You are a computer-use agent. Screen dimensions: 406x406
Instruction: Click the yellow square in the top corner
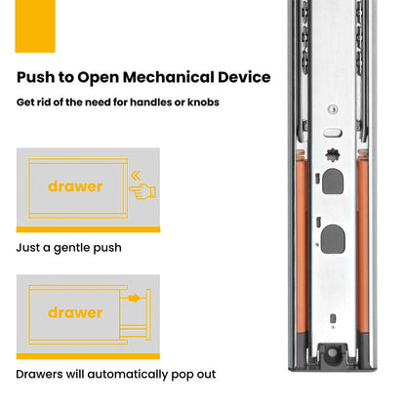tap(35, 26)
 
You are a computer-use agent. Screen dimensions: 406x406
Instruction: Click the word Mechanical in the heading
tap(168, 77)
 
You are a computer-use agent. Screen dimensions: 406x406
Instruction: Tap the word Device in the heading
tap(244, 77)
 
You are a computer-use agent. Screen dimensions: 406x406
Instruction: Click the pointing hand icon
tap(142, 191)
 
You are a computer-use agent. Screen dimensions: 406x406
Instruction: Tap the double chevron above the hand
tap(136, 176)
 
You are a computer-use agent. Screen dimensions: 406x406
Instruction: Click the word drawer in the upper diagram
tap(75, 186)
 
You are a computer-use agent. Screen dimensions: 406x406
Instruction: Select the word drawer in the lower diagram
tap(75, 312)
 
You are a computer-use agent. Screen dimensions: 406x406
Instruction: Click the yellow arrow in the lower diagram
tap(134, 298)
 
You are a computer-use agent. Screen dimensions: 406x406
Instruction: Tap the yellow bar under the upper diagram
tap(88, 229)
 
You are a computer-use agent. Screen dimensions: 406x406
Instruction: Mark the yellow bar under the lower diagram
tap(88, 356)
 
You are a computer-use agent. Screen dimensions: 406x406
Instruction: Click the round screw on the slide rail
tap(332, 109)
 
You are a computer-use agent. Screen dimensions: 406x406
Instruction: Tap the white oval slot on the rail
tap(333, 133)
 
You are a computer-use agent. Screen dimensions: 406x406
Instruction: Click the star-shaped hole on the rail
tap(332, 155)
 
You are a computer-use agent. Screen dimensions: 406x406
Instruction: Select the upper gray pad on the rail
tap(333, 182)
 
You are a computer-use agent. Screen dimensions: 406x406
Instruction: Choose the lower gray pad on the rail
tap(333, 239)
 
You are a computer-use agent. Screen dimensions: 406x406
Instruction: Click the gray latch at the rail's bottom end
tap(332, 354)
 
